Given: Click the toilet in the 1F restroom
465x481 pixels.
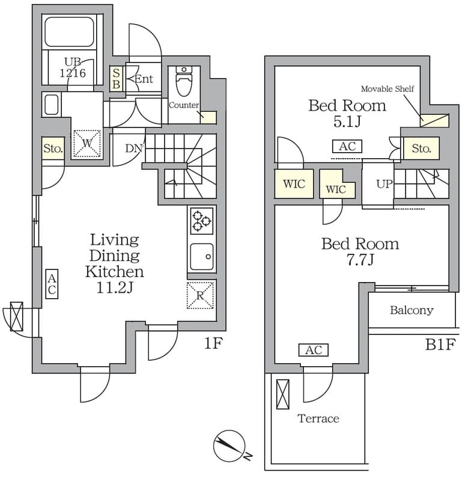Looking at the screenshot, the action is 184,81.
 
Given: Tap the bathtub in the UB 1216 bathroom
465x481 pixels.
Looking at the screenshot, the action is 69,32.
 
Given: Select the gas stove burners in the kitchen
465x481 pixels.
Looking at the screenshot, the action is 201,221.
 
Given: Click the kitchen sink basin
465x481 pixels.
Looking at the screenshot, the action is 202,256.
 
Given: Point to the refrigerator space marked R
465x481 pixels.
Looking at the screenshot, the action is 200,295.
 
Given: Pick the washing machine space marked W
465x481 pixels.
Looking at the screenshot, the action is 87,143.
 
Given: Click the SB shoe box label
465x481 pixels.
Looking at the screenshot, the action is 116,79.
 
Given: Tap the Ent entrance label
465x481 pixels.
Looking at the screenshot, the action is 144,79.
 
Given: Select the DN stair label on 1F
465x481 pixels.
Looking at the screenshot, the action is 134,149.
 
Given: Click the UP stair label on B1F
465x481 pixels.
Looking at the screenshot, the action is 384,184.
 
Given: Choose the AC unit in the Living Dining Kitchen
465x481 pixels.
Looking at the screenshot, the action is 52,284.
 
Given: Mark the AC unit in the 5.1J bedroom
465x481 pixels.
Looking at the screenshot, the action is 347,146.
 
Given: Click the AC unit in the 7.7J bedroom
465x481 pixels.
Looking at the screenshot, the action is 314,350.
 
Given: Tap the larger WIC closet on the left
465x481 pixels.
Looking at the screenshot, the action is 294,184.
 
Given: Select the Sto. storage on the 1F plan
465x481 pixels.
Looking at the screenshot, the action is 53,148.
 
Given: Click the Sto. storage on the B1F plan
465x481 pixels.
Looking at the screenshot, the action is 421,149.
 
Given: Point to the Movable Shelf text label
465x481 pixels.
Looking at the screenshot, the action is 387,88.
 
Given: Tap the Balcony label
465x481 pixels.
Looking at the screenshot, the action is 412,310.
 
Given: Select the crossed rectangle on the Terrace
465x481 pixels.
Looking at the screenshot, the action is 282,394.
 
